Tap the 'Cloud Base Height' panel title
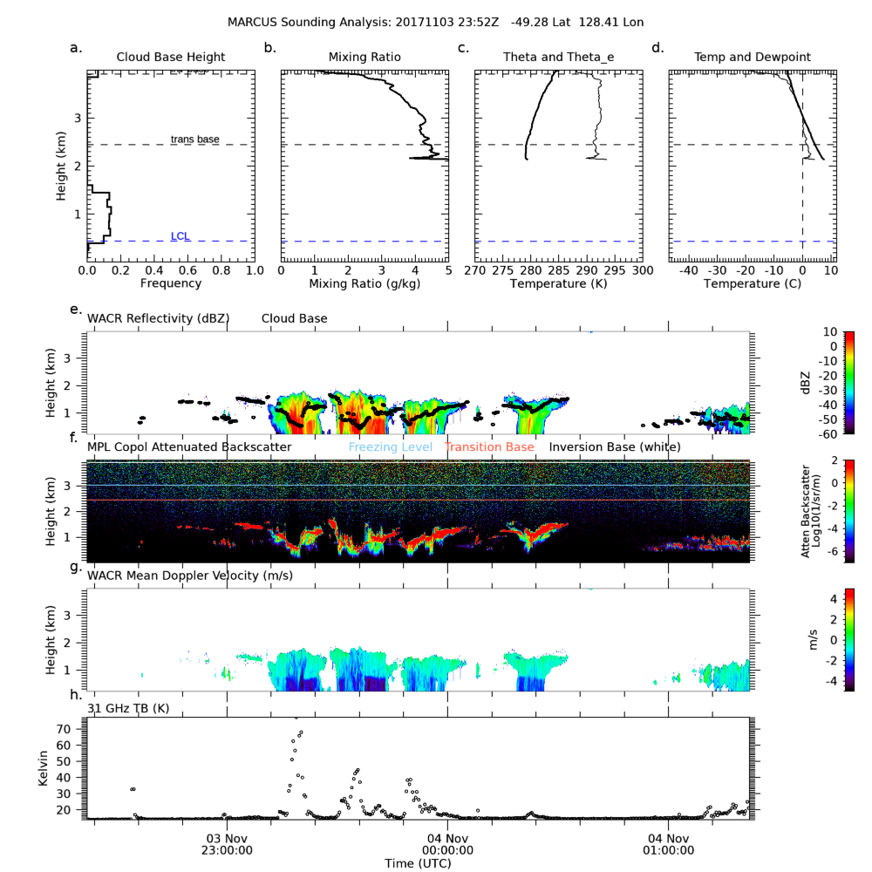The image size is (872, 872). pos(171,58)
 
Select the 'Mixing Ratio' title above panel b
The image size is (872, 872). pos(364,58)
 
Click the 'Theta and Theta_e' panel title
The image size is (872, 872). pos(558,58)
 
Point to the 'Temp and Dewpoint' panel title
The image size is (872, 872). pos(752,58)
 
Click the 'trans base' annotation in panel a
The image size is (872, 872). pos(195,140)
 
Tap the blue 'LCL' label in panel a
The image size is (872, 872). pos(181,236)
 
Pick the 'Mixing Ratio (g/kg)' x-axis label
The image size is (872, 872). pos(364,284)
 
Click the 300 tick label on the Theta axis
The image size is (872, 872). pos(642,271)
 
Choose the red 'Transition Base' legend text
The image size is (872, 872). pos(488,447)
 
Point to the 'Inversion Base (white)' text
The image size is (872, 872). pos(615,447)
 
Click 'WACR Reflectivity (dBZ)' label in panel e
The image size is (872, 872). pos(158,319)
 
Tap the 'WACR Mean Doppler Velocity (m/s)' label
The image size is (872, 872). pos(190,576)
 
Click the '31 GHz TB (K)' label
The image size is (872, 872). pos(129,708)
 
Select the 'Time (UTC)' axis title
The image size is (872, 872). pos(417,863)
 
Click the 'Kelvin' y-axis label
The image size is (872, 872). pos(44,768)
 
